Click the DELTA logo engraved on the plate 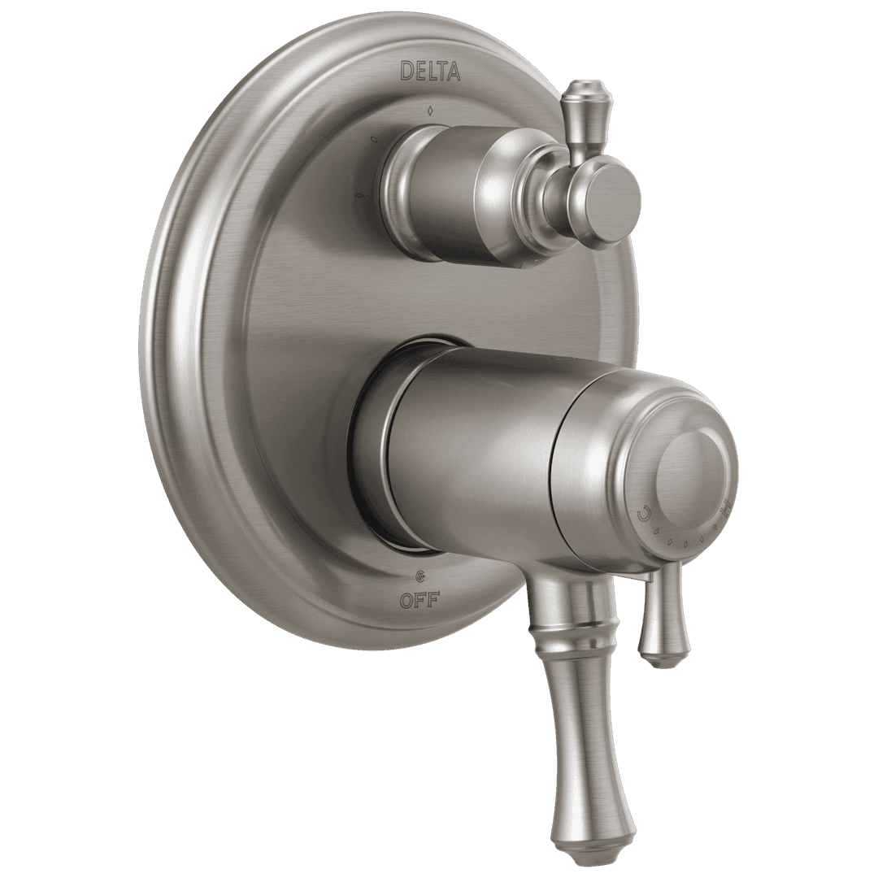pos(431,72)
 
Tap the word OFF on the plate pos(419,602)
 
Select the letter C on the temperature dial pos(642,513)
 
